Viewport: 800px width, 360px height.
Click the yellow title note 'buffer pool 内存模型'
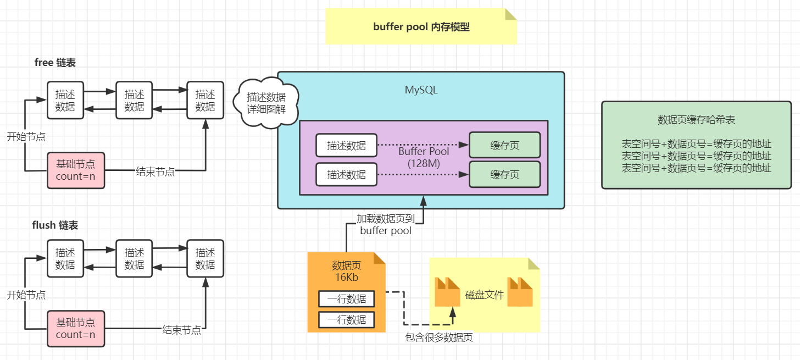click(x=421, y=26)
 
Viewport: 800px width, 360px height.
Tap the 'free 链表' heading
click(x=55, y=63)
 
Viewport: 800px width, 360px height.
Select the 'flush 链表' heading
click(x=55, y=225)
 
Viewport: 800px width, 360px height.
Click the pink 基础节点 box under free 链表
click(x=75, y=170)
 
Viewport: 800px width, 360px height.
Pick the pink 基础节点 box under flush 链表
click(x=75, y=328)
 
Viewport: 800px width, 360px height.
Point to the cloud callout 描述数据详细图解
click(x=266, y=103)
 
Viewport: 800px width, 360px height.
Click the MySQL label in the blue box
click(x=421, y=90)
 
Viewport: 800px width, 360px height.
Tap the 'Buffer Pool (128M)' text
click(x=424, y=157)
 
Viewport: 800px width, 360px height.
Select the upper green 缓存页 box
click(x=504, y=146)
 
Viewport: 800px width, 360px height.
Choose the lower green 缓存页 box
click(x=504, y=174)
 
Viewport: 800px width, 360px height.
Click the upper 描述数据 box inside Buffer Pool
click(x=346, y=146)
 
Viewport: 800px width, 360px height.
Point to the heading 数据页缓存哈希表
click(x=696, y=120)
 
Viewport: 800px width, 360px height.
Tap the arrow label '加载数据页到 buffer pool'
click(x=386, y=224)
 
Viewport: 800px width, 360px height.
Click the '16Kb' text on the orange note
click(x=347, y=278)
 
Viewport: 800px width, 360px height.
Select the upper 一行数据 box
click(x=346, y=299)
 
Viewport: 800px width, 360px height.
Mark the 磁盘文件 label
click(x=485, y=295)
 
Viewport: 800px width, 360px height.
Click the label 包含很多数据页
click(x=438, y=337)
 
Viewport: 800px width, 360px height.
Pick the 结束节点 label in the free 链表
click(x=155, y=172)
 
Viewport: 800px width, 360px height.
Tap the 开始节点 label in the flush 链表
click(x=26, y=295)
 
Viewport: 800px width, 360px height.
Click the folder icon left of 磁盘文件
click(x=447, y=292)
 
